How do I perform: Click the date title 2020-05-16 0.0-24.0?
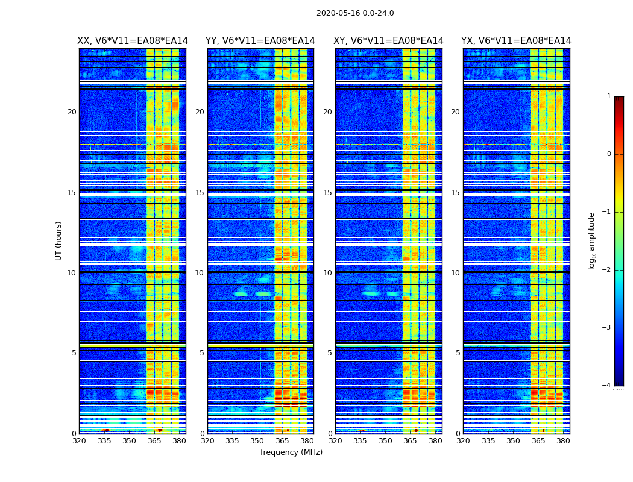click(x=355, y=13)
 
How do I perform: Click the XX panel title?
click(x=133, y=41)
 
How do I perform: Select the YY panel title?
click(x=260, y=41)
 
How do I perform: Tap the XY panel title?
click(x=389, y=41)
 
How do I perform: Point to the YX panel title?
click(x=516, y=41)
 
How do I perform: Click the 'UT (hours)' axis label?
click(x=59, y=240)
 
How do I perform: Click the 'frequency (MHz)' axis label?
click(x=291, y=452)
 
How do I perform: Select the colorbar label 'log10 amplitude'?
click(x=592, y=240)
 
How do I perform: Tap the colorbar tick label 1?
click(x=609, y=96)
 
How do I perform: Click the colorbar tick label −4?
click(x=607, y=386)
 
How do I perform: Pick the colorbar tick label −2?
click(x=607, y=270)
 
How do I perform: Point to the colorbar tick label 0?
click(x=609, y=154)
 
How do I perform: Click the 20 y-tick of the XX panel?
click(x=72, y=112)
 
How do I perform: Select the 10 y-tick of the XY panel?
click(x=327, y=273)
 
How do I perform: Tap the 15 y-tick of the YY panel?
click(x=200, y=193)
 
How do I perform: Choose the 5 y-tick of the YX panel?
click(x=458, y=353)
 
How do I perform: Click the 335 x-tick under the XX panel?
click(x=104, y=441)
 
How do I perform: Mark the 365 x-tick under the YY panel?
click(x=283, y=441)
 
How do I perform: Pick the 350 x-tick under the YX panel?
click(x=513, y=441)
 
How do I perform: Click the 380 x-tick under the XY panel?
click(x=435, y=441)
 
